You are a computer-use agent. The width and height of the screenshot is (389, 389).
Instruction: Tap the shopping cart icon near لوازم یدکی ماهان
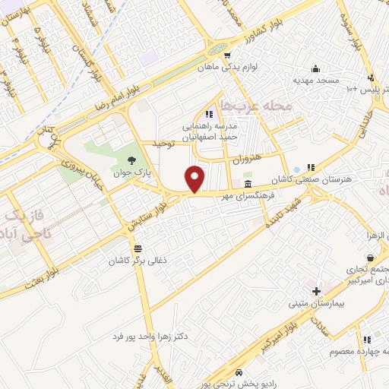click(226, 55)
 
